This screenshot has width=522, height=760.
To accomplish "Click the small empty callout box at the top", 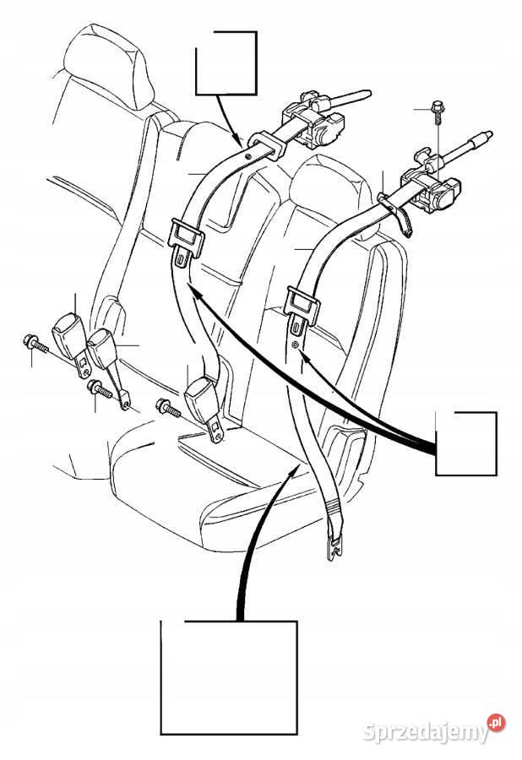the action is pos(226,32).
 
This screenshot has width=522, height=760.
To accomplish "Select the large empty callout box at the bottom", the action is pos(229,622).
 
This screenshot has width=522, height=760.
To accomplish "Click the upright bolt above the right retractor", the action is pos(437,111).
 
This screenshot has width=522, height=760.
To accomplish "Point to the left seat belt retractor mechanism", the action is pos(313,119).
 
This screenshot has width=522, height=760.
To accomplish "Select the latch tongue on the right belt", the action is pos(302,310).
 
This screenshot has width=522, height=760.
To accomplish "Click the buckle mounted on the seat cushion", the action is pos(204,406).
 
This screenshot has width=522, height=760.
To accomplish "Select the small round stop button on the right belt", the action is pos(295,345).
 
